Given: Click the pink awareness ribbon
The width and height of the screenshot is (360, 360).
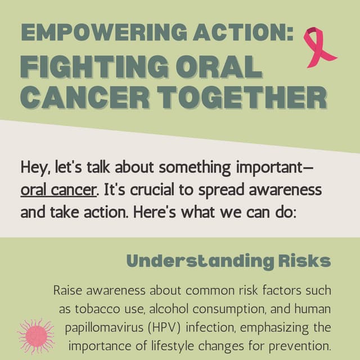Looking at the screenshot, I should (318, 47).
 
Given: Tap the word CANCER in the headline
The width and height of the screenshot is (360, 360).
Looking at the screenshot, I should (88, 98).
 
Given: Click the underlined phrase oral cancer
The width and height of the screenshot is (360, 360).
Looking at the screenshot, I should (57, 190).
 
